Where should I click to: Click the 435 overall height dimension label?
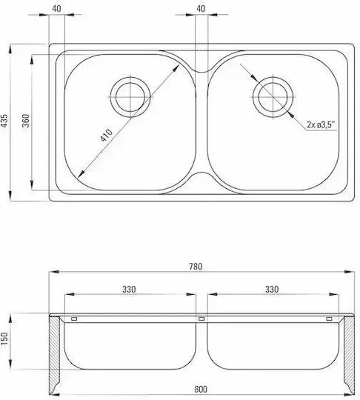tap(4, 121)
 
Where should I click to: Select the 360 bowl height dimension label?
tap(25, 121)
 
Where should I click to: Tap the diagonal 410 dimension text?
tap(106, 135)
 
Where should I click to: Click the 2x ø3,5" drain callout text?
tap(321, 124)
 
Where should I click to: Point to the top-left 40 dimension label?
tap(56, 8)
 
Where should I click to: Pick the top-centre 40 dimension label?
tap(201, 8)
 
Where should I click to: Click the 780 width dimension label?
tap(196, 267)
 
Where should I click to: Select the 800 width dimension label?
tap(201, 390)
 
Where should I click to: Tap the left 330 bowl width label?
tap(129, 290)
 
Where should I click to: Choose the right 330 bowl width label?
tap(272, 290)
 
